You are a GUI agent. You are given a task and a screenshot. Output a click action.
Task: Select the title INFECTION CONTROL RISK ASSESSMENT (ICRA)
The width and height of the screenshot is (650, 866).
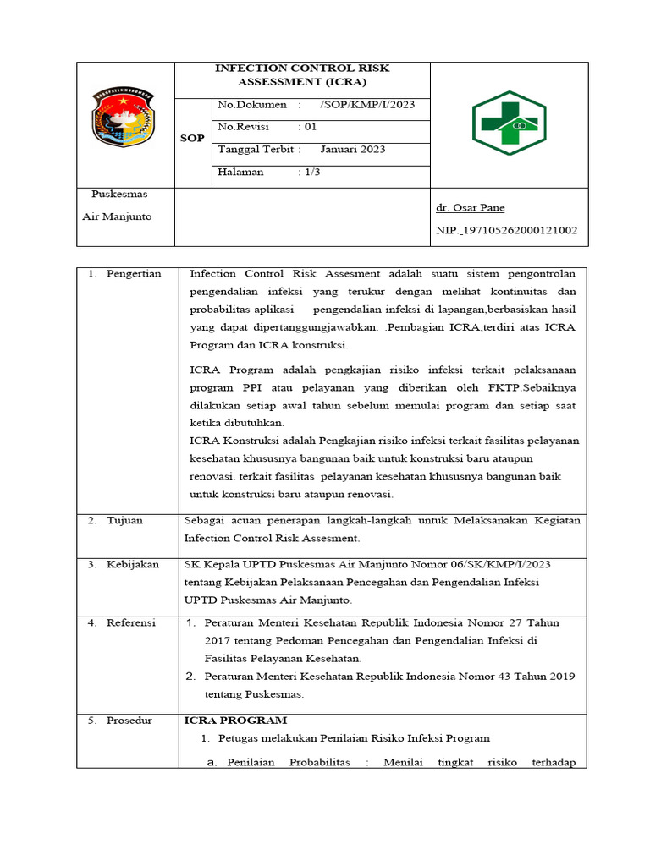(x=302, y=74)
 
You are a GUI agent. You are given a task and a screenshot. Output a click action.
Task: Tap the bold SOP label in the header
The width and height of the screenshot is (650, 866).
(x=192, y=138)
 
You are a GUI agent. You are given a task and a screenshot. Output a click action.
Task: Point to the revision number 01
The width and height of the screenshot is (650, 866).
(x=310, y=127)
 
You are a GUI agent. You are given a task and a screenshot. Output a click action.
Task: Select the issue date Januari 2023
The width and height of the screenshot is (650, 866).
(x=353, y=150)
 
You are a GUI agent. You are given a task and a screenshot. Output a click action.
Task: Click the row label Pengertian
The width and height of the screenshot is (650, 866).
(x=133, y=274)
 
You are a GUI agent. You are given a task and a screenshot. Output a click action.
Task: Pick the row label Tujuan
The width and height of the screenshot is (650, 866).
(x=124, y=521)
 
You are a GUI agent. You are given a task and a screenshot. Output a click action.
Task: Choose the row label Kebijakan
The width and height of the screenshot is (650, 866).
(x=132, y=564)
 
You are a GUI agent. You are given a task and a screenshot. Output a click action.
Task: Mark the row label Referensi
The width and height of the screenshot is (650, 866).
(x=130, y=623)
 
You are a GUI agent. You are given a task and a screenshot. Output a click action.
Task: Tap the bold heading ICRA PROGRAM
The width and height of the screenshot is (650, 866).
(x=235, y=721)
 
